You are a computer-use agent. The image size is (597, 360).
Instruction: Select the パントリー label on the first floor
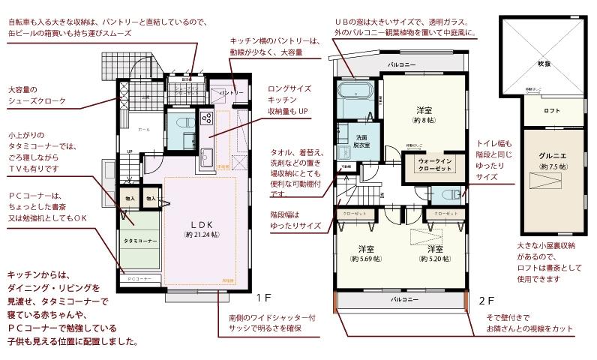(230, 92)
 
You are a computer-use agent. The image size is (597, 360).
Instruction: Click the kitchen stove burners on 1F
(207, 118)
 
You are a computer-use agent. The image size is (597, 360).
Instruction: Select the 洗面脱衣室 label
(361, 141)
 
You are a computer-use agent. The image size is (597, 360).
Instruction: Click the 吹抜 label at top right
(544, 64)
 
